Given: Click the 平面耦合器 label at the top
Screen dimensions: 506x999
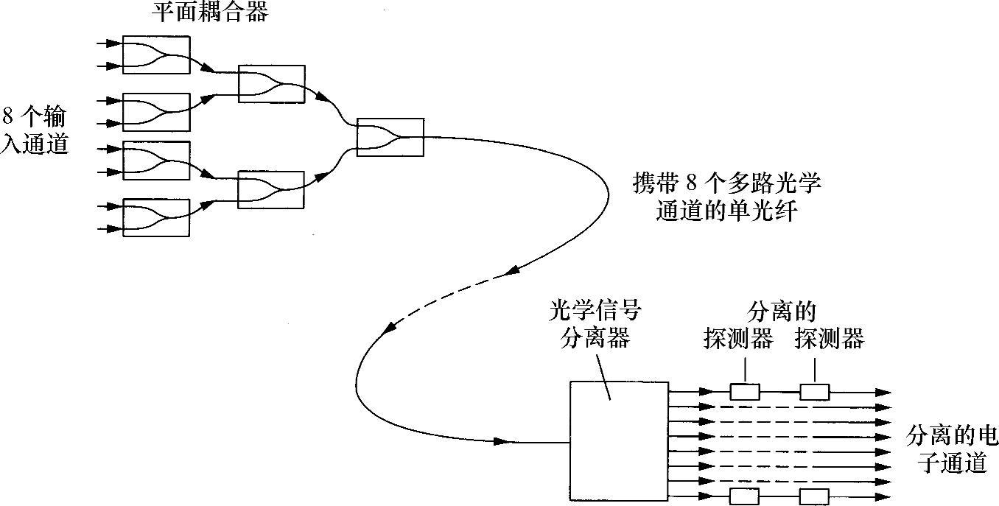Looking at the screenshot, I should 209,13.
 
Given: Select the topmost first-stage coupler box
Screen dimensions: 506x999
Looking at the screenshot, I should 156,55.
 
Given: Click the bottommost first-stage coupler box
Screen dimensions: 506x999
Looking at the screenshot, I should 156,217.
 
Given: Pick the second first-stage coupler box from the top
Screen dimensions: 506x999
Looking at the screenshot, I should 156,112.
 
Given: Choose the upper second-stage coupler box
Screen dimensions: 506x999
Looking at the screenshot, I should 271,84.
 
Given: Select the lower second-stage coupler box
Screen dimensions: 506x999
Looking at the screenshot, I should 271,190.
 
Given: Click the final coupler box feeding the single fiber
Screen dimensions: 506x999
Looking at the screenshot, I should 390,137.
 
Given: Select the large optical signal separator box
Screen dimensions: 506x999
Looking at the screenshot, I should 619,440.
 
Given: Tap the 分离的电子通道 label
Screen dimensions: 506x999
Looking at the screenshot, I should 951,450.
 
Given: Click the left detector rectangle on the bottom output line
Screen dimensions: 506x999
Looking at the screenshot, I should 744,496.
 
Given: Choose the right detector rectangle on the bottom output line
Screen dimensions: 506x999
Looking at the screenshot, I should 814,496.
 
